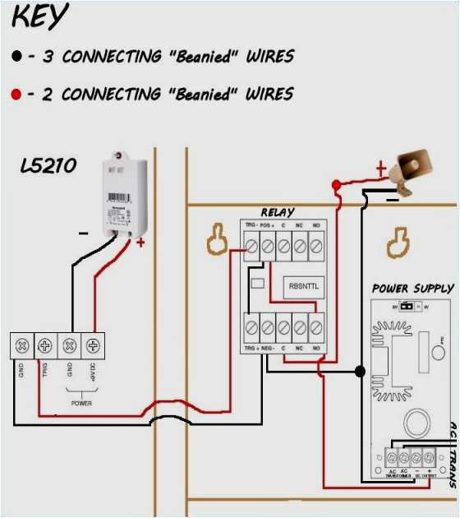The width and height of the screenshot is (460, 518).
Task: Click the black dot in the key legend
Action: point(17,57)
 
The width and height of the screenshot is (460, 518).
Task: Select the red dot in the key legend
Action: point(17,95)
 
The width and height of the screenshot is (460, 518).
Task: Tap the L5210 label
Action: point(48,166)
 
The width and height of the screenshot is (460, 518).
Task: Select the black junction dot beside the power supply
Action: point(359,372)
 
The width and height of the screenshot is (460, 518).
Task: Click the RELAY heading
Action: point(278,212)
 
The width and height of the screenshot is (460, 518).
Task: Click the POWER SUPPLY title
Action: point(412,289)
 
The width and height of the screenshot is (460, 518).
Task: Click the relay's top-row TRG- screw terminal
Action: point(251,245)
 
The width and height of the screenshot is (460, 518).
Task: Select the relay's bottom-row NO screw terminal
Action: point(316,327)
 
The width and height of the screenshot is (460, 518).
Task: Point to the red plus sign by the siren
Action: point(380,169)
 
